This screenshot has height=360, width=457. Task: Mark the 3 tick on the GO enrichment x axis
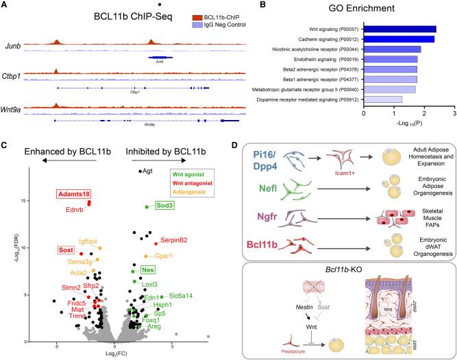click(454, 110)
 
